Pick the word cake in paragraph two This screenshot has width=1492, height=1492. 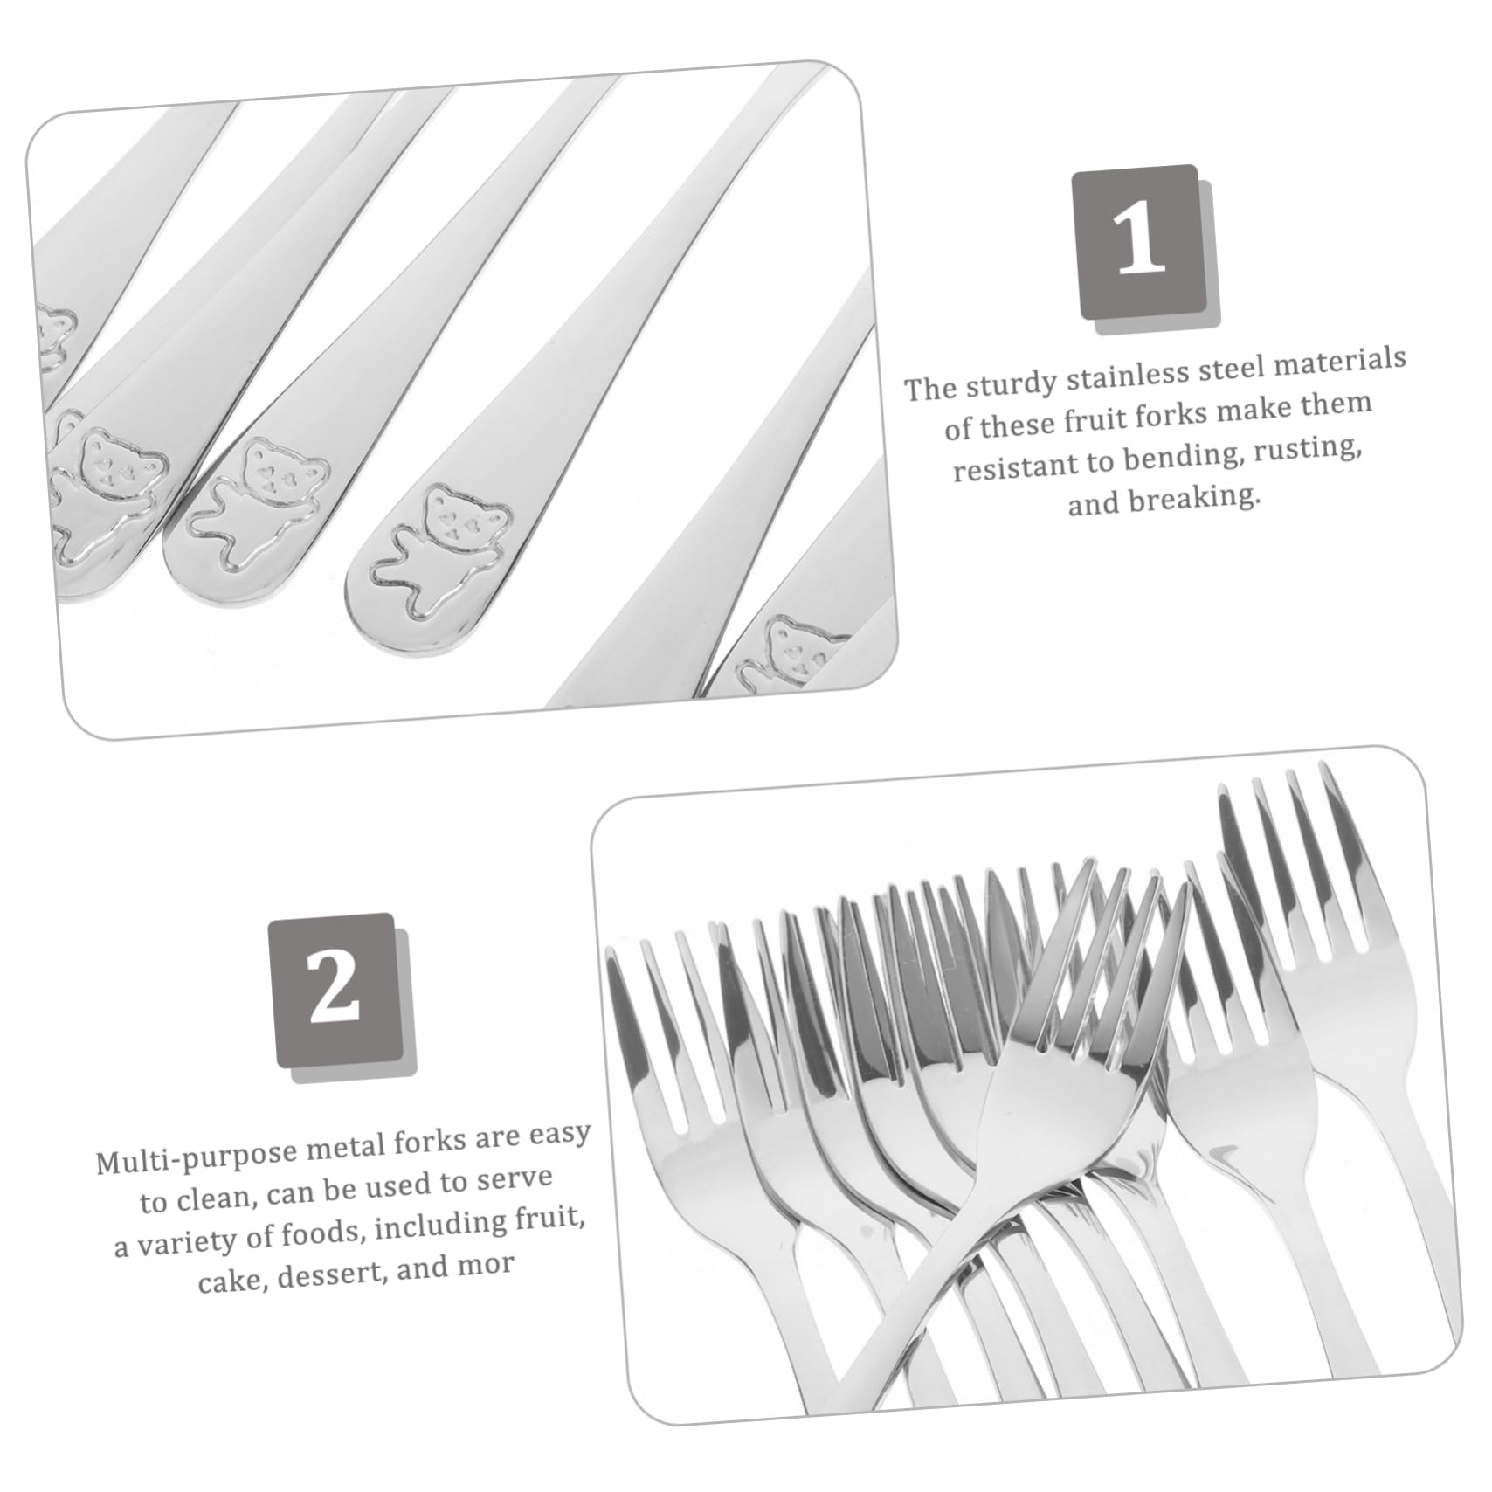[x=230, y=1281]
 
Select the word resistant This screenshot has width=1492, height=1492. [x=1016, y=466]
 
